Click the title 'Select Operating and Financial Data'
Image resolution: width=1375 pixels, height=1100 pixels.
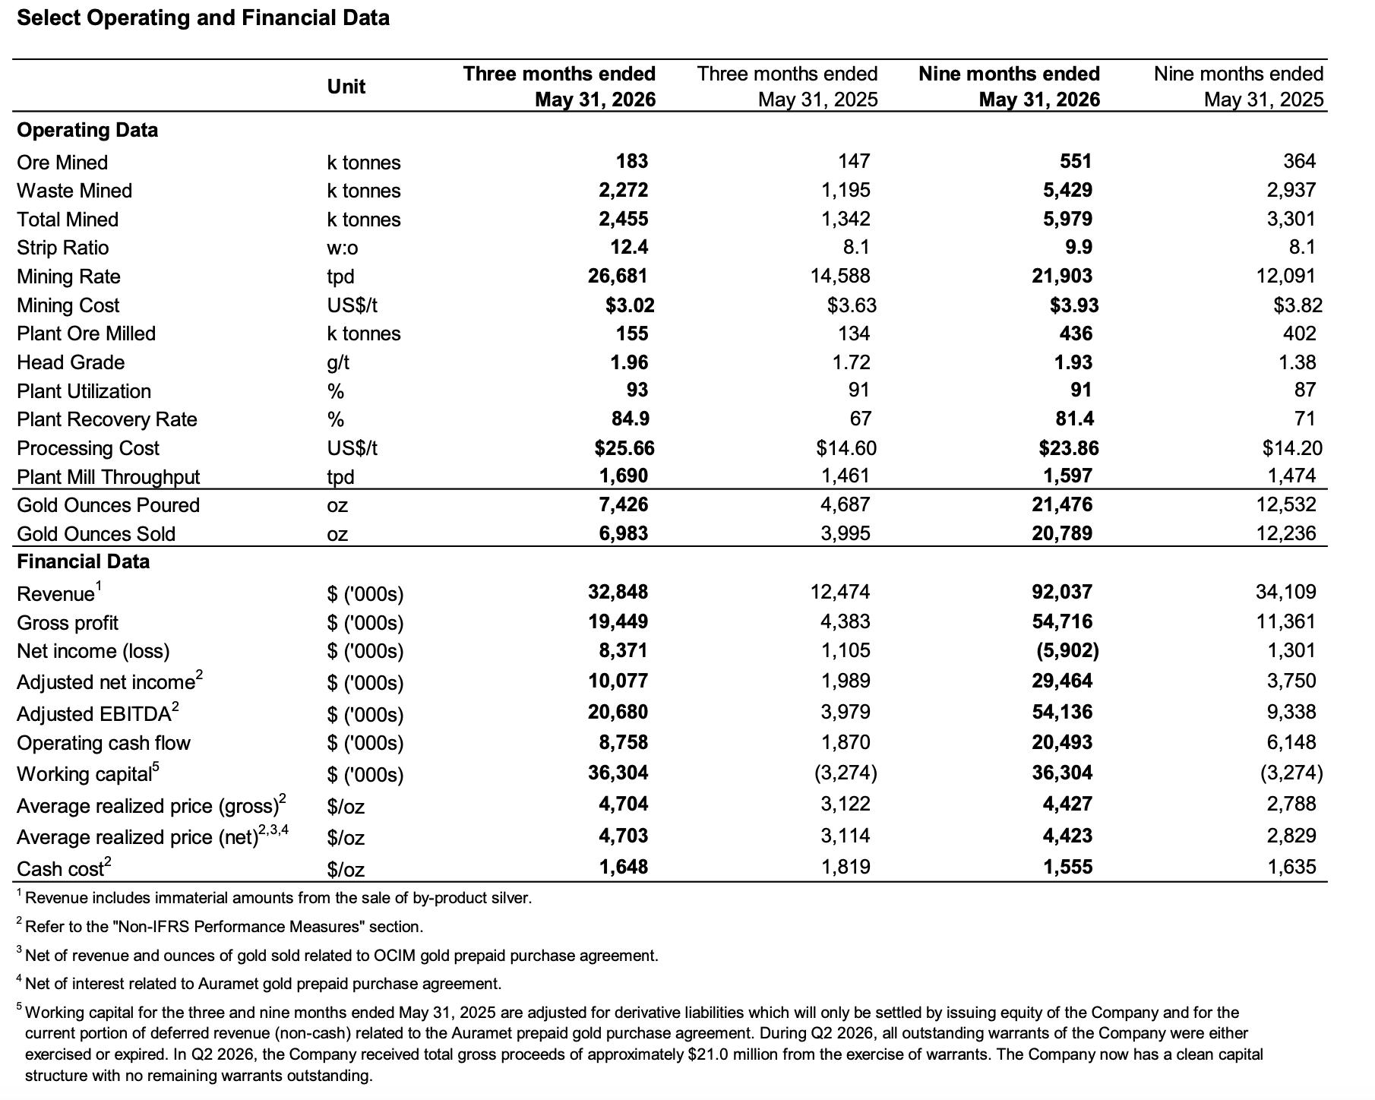203,18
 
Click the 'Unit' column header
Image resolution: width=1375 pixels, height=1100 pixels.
346,87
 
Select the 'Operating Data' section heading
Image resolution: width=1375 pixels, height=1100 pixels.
87,130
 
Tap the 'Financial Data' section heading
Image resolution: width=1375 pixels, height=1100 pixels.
84,561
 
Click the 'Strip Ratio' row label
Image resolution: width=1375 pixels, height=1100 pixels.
63,248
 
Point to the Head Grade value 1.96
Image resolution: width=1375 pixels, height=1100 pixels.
630,362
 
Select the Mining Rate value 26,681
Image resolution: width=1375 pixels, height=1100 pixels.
618,276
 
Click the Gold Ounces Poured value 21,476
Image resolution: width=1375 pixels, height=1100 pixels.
1062,504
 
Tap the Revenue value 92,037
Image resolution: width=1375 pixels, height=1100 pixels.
1062,592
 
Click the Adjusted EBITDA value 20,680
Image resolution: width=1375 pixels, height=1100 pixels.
618,712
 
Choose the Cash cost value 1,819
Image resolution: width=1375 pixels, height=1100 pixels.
846,867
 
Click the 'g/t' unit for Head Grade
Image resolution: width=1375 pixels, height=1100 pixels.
339,363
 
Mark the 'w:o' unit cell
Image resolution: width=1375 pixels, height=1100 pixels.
343,248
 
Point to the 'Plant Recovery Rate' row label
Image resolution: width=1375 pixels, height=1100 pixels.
107,419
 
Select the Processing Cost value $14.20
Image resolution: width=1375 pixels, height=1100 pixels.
1292,448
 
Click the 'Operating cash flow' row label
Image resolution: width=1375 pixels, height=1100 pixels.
103,743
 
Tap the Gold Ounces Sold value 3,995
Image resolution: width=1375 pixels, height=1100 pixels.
846,533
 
